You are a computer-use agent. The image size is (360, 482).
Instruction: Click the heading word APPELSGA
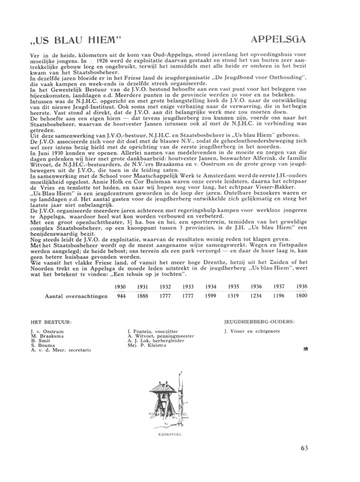278,40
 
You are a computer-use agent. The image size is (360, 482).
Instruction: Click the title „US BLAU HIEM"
76,40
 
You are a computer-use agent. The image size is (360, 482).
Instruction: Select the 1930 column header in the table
120,286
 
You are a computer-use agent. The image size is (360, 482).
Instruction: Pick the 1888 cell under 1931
143,296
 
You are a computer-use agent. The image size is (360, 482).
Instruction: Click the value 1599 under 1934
211,296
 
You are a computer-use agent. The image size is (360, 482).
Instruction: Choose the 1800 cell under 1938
301,296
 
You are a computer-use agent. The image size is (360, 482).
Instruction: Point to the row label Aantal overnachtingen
76,296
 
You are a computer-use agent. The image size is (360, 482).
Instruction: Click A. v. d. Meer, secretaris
61,350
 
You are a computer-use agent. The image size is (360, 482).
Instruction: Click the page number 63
304,448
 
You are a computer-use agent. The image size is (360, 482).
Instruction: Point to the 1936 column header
256,286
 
